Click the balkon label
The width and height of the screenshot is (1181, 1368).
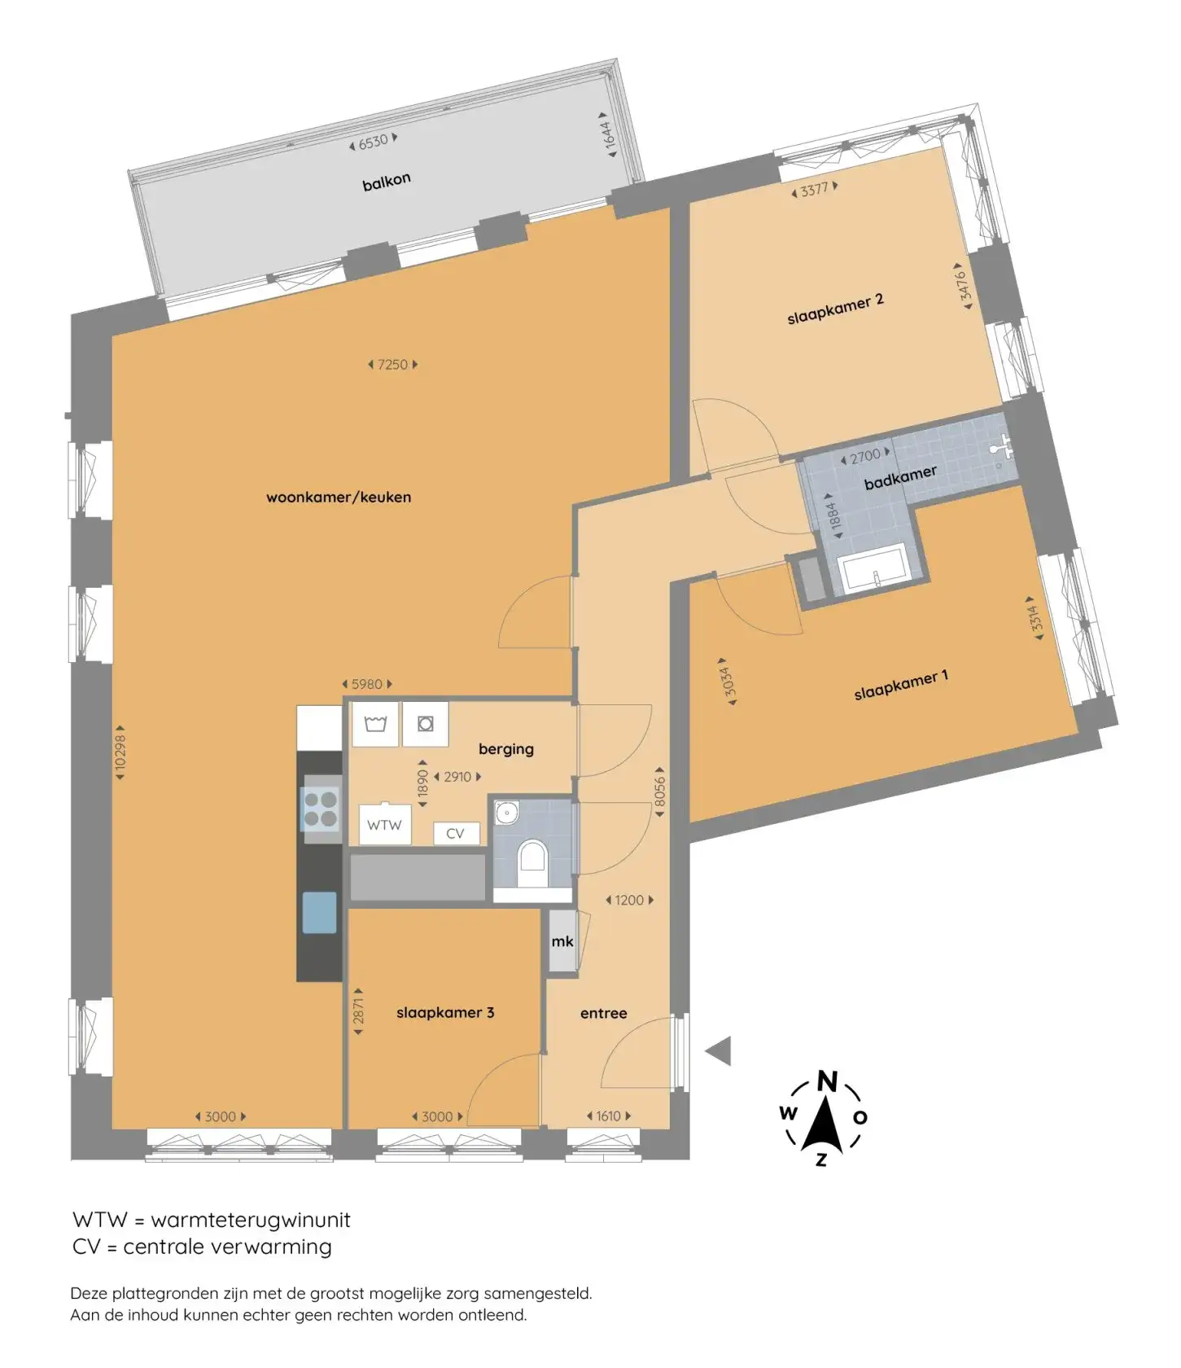[387, 182]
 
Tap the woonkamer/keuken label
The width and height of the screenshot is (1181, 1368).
[339, 497]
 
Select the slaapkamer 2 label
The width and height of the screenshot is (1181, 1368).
[835, 309]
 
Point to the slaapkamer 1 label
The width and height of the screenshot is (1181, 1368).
[901, 685]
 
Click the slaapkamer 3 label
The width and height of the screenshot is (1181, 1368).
[445, 1012]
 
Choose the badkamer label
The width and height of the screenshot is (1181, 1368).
[900, 477]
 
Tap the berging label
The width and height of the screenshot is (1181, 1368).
[506, 748]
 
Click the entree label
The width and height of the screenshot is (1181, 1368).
[604, 1013]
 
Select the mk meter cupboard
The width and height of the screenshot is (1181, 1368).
[562, 940]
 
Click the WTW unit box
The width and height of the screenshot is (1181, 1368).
[384, 825]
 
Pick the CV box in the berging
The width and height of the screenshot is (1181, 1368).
[456, 834]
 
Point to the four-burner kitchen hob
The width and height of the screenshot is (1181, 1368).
[321, 809]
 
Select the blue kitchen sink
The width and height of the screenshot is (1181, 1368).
[320, 912]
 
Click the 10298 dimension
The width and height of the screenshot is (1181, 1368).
[120, 753]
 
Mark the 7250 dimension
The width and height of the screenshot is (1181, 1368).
[393, 365]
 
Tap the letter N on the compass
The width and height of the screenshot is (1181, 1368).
[827, 1081]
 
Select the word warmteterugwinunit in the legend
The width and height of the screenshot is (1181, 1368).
[251, 1220]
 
